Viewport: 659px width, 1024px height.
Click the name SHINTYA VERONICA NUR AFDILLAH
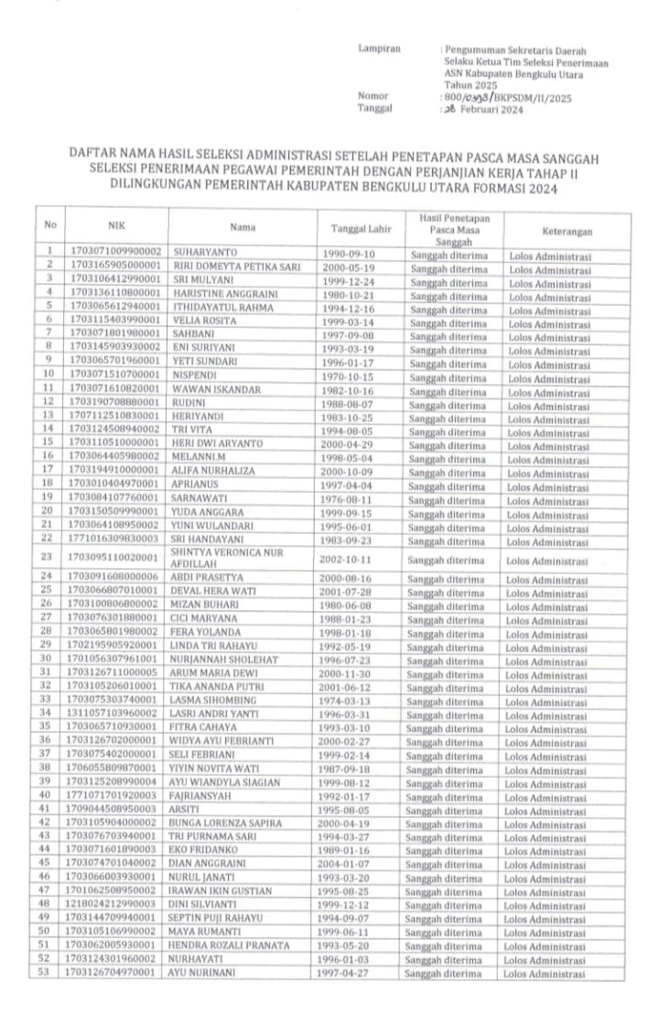click(230, 558)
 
